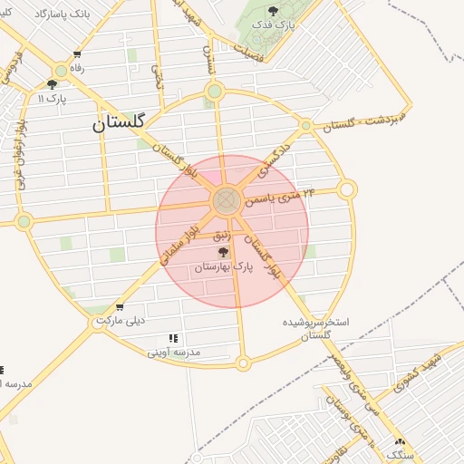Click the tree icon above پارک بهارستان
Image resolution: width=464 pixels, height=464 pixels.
224,253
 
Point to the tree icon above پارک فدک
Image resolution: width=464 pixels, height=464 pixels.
274,11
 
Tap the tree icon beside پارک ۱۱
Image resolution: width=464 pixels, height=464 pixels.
51,83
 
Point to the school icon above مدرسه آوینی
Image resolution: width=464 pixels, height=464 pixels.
173,338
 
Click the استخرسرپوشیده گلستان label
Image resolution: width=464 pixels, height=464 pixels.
317,328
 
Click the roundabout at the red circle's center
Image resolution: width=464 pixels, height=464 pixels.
227,200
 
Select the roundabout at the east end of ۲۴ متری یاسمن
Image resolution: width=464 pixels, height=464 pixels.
347,189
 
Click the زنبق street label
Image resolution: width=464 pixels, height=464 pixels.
223,235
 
